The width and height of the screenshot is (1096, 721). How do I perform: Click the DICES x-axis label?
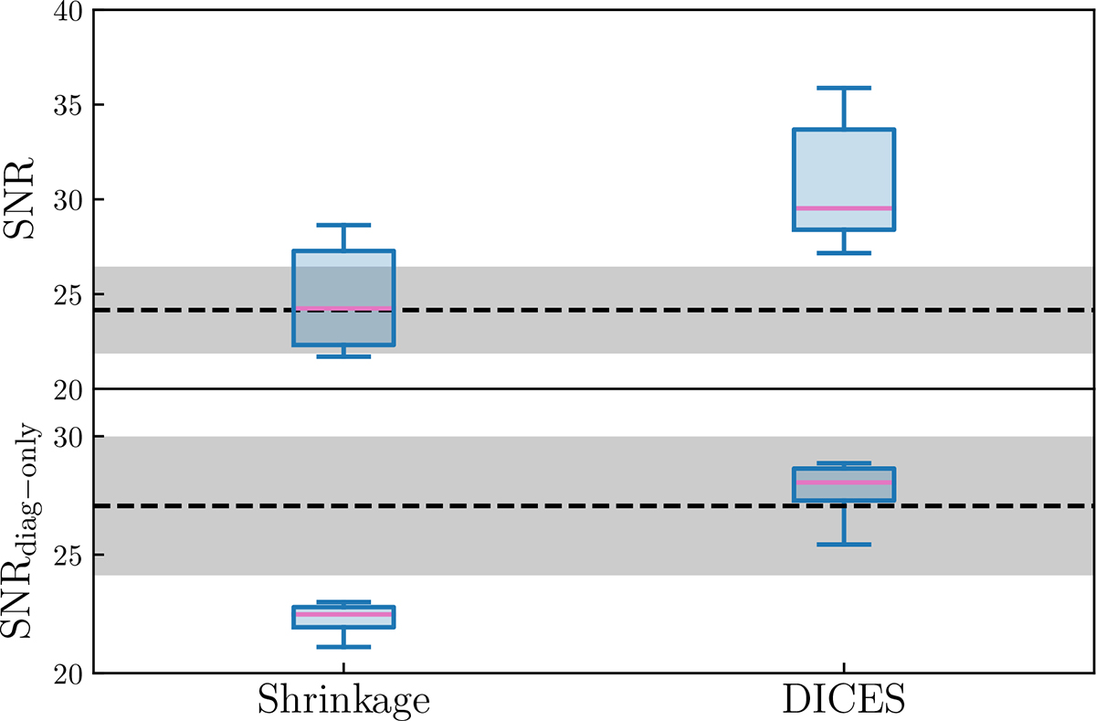(843, 700)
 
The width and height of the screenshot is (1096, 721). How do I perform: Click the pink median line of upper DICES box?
(843, 208)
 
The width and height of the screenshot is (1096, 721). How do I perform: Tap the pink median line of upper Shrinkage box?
(342, 308)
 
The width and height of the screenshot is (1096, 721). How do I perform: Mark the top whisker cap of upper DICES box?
(843, 88)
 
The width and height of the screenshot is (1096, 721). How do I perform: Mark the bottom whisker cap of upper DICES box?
(843, 252)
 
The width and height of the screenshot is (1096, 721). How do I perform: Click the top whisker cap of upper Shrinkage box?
(342, 225)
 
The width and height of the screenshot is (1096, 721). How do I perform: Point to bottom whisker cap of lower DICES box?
(843, 545)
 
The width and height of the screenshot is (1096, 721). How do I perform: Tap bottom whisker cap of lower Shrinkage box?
(342, 647)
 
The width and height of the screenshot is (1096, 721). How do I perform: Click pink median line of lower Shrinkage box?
(342, 614)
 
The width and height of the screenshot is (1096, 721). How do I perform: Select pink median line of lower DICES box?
(843, 482)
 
